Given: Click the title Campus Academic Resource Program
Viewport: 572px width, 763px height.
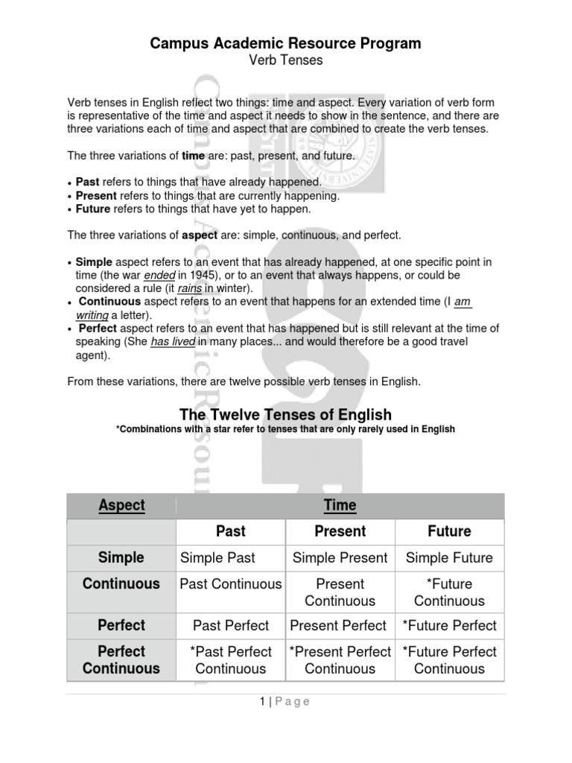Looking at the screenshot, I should (x=285, y=43).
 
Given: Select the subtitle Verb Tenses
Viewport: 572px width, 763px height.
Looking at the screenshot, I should (x=285, y=60).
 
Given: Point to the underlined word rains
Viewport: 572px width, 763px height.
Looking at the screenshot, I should (x=190, y=288).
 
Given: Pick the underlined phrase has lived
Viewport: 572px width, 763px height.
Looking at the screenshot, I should (x=173, y=342).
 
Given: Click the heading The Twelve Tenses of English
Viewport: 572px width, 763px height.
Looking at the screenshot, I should (x=285, y=414).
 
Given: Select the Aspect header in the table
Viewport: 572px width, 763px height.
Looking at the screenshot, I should (x=121, y=505).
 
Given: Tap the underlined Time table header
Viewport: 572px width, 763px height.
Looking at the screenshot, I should (x=340, y=505).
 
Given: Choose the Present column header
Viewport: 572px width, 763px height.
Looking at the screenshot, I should (x=340, y=531).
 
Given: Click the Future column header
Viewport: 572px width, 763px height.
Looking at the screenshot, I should (x=449, y=531).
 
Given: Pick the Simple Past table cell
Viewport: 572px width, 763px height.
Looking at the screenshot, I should (x=217, y=557).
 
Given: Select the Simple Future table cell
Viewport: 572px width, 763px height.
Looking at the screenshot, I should (x=449, y=557).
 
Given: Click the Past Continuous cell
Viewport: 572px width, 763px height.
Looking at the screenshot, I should (x=231, y=584).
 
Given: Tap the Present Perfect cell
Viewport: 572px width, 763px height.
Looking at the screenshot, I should (x=338, y=626).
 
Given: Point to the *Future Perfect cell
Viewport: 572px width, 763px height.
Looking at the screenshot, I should (x=449, y=626).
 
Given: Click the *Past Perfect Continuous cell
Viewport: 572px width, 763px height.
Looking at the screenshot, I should (x=231, y=660).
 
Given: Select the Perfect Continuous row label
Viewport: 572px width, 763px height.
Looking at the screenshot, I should (x=121, y=660).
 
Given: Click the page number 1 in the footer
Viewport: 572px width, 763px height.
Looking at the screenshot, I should (x=263, y=701).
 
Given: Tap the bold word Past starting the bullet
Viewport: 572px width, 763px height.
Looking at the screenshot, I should (x=88, y=182).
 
